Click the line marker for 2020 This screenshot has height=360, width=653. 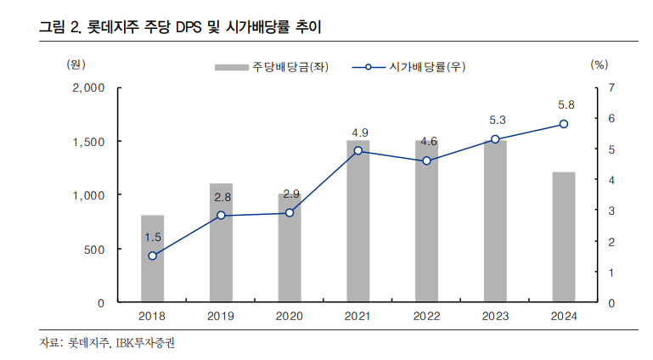point(290,213)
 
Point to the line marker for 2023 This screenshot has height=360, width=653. point(495,139)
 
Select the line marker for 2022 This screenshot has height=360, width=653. point(426,161)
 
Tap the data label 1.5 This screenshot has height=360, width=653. point(153,237)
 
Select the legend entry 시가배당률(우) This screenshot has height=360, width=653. point(415,66)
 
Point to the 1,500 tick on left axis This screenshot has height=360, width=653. point(88,141)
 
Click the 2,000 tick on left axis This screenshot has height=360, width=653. point(88,87)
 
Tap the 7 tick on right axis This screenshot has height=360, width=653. point(611,87)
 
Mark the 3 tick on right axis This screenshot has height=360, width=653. point(611,211)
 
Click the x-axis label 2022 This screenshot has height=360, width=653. point(426,316)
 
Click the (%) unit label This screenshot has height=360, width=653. point(599,63)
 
